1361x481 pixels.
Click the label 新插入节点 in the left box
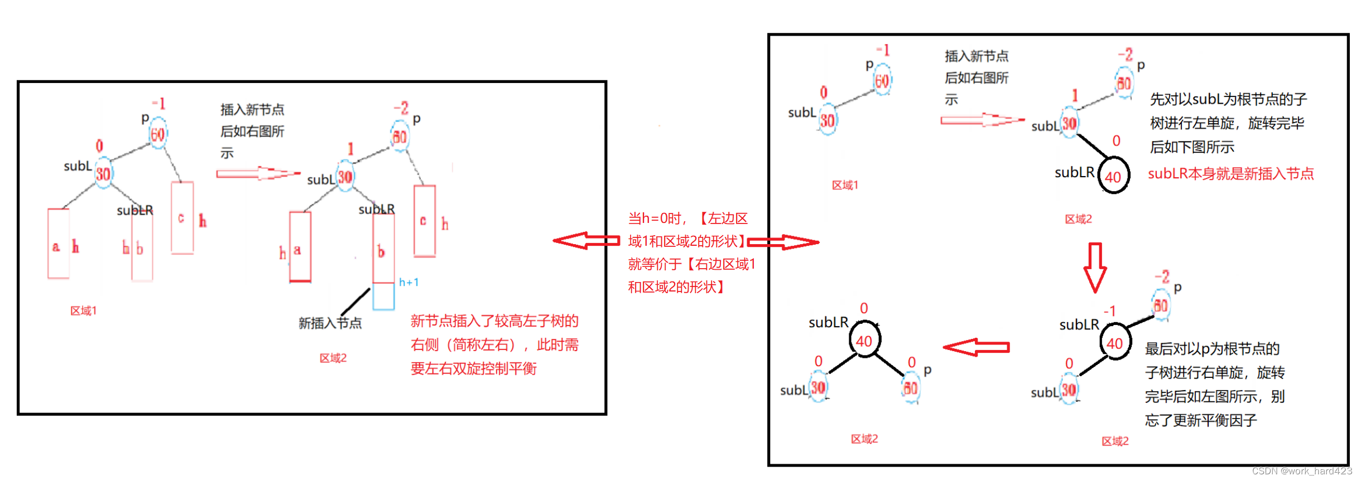click(330, 323)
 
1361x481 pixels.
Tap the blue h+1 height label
click(408, 283)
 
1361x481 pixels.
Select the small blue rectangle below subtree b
click(383, 296)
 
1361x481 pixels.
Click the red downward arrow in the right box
click(1095, 267)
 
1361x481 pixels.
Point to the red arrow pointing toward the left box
click(586, 241)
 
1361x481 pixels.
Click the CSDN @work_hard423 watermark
click(1301, 472)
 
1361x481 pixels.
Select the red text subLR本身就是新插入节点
click(1230, 174)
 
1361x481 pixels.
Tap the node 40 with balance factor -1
click(1114, 343)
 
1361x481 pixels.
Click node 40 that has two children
click(864, 341)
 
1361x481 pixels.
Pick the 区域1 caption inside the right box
click(845, 185)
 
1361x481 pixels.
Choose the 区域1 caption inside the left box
click(83, 311)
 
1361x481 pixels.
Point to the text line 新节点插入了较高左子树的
click(494, 321)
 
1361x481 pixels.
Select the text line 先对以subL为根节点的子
click(1228, 100)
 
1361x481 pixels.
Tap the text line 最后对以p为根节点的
click(1212, 349)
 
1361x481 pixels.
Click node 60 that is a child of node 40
click(910, 388)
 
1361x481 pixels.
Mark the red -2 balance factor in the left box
click(401, 108)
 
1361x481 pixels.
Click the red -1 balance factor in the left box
click(158, 104)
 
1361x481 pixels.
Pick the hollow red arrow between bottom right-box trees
click(977, 347)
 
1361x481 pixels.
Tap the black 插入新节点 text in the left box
click(252, 110)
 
